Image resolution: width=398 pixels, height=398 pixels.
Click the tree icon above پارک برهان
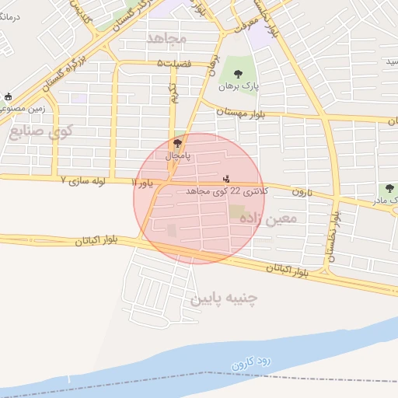tap(237, 74)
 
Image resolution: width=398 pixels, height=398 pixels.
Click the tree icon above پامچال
tap(177, 143)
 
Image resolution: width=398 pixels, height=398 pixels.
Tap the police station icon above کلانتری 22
tap(226, 178)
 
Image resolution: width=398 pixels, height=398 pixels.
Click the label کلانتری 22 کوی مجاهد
tap(228, 190)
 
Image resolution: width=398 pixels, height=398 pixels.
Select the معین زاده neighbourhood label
tap(269, 218)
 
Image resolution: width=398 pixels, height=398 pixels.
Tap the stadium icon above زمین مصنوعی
tap(9, 97)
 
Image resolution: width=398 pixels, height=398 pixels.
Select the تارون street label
tap(302, 191)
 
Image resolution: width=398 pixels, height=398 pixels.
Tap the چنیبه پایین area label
tap(223, 298)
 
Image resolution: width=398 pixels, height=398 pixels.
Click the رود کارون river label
tap(248, 361)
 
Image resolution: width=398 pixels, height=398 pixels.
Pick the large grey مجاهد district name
tap(166, 37)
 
